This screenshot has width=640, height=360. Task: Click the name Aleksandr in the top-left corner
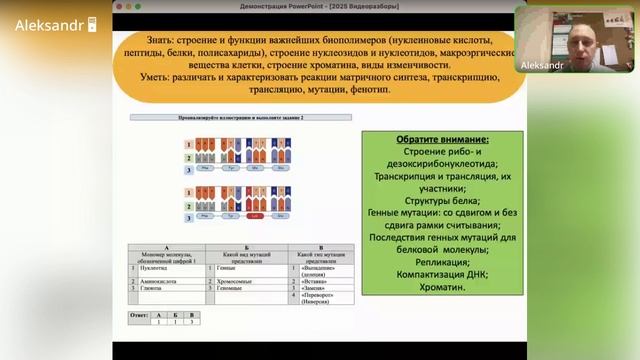point(48,25)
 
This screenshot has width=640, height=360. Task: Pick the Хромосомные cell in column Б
point(234,282)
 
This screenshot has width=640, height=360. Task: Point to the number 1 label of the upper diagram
point(188,143)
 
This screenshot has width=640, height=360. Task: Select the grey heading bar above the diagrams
point(239,118)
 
